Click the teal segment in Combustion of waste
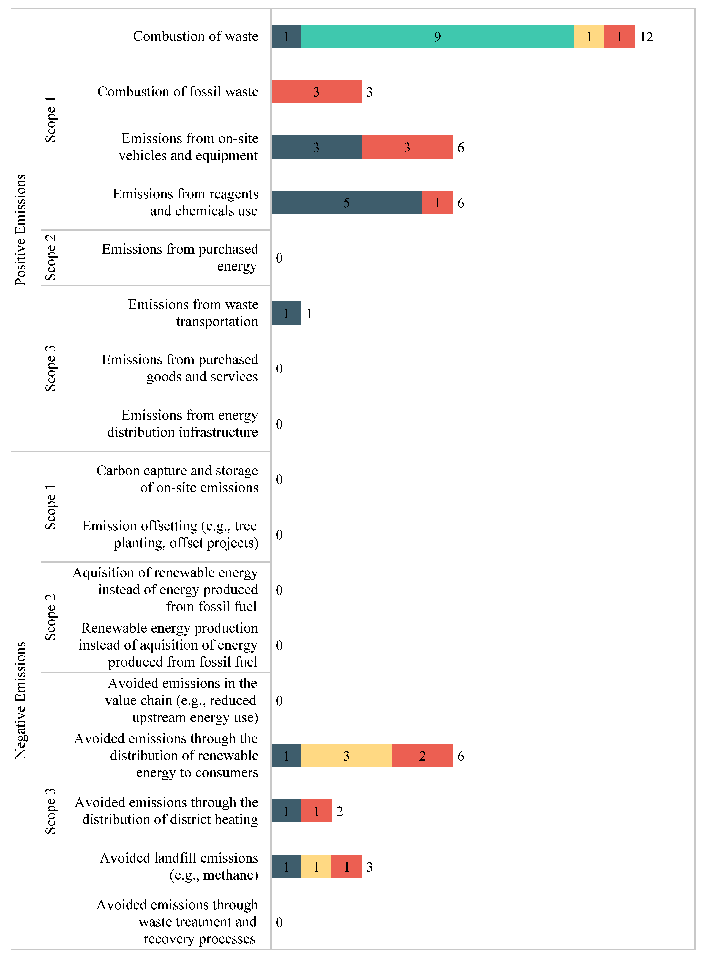click(x=437, y=36)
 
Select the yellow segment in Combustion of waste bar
click(x=588, y=36)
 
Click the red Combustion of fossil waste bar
click(x=316, y=92)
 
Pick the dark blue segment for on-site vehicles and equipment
click(x=316, y=147)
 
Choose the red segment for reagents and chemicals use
click(x=437, y=202)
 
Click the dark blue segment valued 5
click(x=346, y=202)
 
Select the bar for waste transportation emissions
click(x=286, y=313)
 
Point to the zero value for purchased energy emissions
click(x=279, y=258)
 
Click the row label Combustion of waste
click(x=195, y=36)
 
